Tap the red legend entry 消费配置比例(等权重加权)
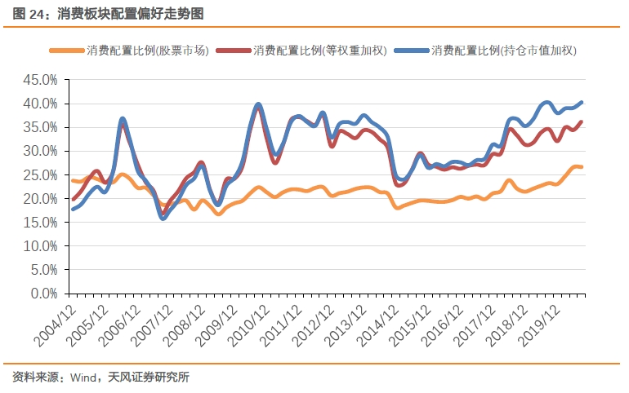[x=319, y=51]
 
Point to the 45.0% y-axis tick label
[x=40, y=81]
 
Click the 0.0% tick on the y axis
[x=43, y=294]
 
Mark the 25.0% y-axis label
[x=40, y=175]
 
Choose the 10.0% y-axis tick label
[x=40, y=246]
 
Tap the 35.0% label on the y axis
[x=40, y=128]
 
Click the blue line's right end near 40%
[x=581, y=103]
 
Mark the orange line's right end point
[x=581, y=167]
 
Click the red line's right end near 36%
[x=581, y=122]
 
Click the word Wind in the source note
[x=83, y=377]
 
